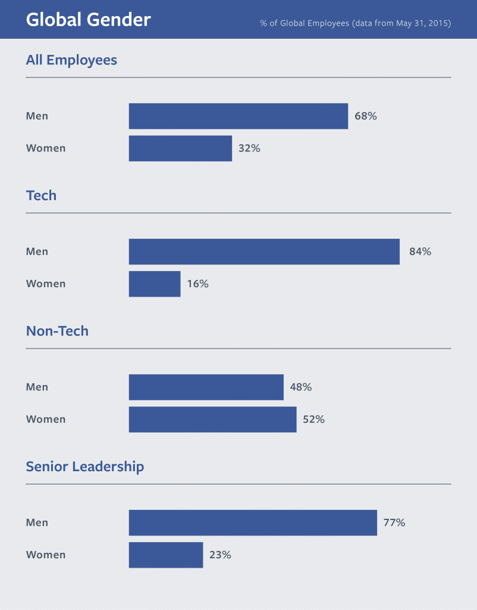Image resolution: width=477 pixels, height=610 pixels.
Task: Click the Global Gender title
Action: pyautogui.click(x=88, y=20)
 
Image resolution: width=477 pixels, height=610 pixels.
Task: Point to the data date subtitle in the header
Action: pyautogui.click(x=355, y=23)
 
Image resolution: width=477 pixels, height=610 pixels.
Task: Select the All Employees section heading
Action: pyautogui.click(x=71, y=60)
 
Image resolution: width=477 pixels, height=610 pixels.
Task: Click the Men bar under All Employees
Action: pyautogui.click(x=238, y=116)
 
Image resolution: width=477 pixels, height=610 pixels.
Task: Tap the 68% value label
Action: pyautogui.click(x=366, y=116)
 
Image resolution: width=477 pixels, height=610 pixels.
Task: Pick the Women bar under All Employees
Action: pyautogui.click(x=180, y=148)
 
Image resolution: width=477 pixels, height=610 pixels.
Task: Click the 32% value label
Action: pyautogui.click(x=249, y=148)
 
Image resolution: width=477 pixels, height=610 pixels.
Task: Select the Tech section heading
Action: pyautogui.click(x=41, y=195)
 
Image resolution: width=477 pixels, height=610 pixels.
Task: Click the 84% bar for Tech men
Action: pyautogui.click(x=264, y=251)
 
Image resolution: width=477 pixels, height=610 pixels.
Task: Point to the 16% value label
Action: pyautogui.click(x=197, y=284)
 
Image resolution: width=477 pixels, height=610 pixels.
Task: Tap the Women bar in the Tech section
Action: pyautogui.click(x=155, y=284)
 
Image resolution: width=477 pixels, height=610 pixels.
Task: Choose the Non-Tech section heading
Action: pyautogui.click(x=57, y=331)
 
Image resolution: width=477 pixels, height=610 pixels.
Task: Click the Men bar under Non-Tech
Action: pyautogui.click(x=206, y=387)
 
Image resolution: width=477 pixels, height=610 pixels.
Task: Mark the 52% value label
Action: pyautogui.click(x=313, y=419)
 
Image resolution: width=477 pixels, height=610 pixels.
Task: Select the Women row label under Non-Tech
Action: pyautogui.click(x=46, y=419)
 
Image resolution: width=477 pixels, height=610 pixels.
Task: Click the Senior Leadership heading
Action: pyautogui.click(x=85, y=466)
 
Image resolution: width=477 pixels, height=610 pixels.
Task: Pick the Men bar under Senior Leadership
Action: pyautogui.click(x=253, y=522)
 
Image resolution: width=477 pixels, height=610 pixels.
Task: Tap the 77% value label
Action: pyautogui.click(x=394, y=522)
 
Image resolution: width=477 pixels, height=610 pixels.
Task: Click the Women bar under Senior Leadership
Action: pyautogui.click(x=166, y=555)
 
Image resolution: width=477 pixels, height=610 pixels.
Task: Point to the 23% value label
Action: pyautogui.click(x=220, y=555)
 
